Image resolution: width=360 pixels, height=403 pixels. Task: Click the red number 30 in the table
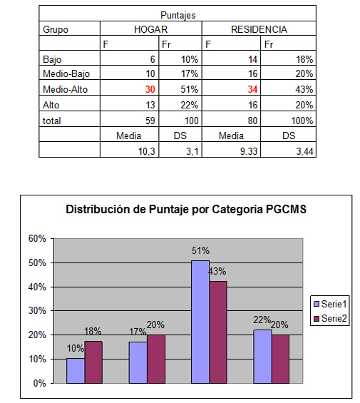(150, 89)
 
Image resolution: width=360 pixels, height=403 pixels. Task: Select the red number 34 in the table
(252, 89)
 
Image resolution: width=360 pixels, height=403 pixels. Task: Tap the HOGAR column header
(151, 29)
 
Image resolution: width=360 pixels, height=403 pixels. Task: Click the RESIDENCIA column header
(259, 29)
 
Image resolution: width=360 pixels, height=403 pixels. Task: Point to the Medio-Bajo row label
(66, 74)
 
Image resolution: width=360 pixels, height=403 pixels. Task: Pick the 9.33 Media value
(249, 151)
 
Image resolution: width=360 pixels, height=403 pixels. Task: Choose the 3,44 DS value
(305, 151)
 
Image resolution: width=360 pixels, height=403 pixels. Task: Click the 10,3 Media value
(147, 151)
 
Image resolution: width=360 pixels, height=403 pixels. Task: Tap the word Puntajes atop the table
(178, 15)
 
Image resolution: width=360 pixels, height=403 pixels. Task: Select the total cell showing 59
(150, 121)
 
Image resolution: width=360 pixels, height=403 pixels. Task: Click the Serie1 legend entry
(331, 304)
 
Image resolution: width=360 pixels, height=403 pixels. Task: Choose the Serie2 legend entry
(331, 318)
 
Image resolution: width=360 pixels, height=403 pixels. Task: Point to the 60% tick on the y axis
(37, 238)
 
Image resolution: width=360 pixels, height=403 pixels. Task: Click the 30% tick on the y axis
(37, 311)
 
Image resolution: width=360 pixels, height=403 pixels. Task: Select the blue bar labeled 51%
(200, 322)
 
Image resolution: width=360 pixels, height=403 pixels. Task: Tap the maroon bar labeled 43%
(218, 332)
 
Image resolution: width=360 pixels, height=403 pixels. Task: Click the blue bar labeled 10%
(76, 371)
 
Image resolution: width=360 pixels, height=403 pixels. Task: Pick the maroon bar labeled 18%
(93, 362)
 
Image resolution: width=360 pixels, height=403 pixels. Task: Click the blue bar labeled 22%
(262, 357)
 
